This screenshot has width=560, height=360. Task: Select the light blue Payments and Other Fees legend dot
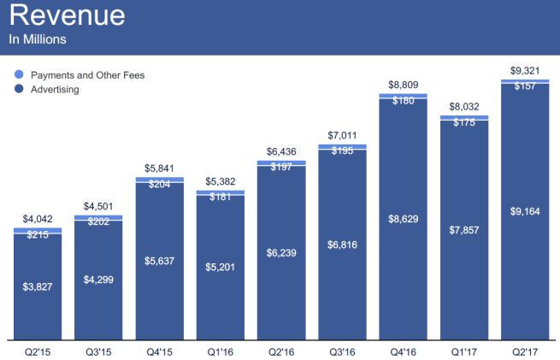click(x=19, y=75)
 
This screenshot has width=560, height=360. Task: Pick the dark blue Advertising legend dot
click(x=19, y=89)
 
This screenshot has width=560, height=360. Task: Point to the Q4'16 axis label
click(x=403, y=351)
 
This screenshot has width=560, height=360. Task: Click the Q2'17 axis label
click(x=524, y=351)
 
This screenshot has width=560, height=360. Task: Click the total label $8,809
click(x=403, y=86)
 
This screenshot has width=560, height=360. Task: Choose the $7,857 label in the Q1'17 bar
click(x=463, y=231)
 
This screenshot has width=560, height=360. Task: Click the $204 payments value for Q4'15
click(x=159, y=184)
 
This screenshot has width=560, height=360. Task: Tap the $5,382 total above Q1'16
click(x=220, y=182)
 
